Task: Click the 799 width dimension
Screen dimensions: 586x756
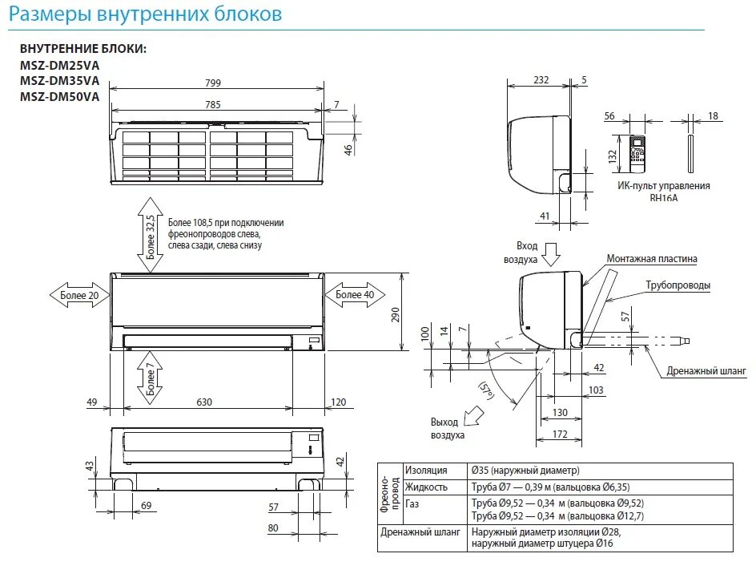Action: [212, 83]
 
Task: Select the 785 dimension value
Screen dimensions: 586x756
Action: [212, 104]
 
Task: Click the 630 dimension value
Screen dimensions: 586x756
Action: [205, 402]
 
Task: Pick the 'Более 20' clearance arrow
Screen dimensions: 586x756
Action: [78, 295]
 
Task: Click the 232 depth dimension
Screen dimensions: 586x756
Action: [541, 80]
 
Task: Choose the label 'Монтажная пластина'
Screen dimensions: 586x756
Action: [651, 259]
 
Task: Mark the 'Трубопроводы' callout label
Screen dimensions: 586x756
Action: [678, 285]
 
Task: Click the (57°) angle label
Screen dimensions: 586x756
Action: [486, 390]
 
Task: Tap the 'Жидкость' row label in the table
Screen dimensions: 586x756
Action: [425, 487]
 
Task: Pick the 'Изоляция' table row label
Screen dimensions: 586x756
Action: [425, 471]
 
